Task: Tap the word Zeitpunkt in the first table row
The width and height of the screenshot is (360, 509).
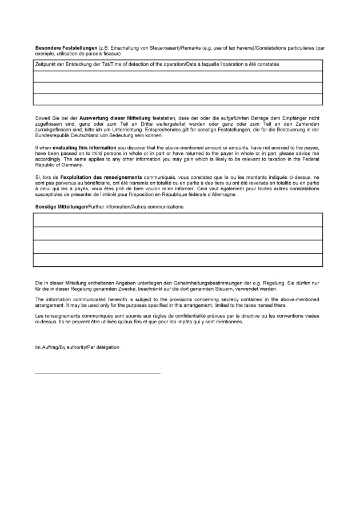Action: pyautogui.click(x=47, y=65)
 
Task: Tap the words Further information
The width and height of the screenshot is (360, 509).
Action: pyautogui.click(x=109, y=206)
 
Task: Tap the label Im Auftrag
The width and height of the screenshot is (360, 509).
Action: pyautogui.click(x=47, y=347)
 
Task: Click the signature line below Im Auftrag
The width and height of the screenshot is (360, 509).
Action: pyautogui.click(x=97, y=374)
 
